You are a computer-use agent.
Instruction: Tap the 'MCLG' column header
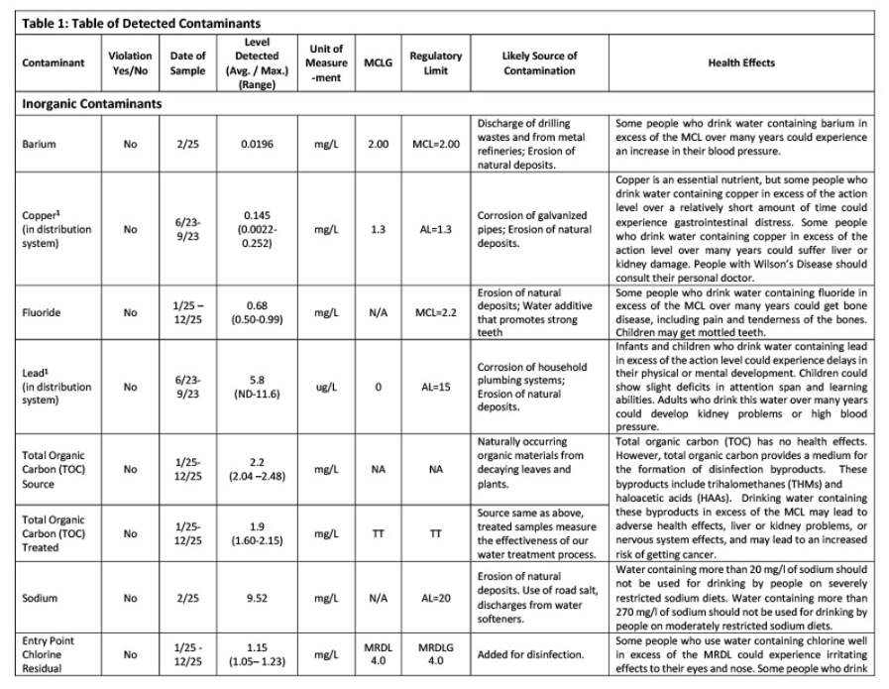(378, 62)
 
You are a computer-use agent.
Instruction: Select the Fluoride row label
(42, 312)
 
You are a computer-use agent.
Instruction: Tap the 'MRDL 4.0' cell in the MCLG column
(378, 654)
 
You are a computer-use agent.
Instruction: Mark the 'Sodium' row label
(40, 599)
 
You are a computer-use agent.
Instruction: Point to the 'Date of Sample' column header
(187, 62)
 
